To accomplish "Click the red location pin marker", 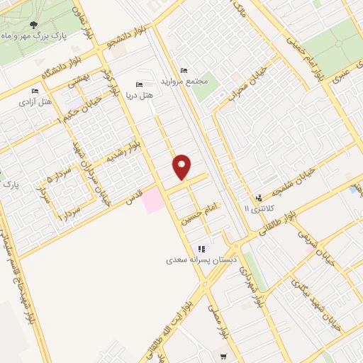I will coord(183,167).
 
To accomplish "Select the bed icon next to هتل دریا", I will coord(138,84).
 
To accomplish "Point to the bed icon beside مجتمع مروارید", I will coord(184,71).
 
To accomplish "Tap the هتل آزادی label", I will coord(38,102).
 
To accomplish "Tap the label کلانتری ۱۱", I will coord(257,209).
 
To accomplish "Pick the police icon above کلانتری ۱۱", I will coord(259,198).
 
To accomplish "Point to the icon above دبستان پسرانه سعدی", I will coord(201,249).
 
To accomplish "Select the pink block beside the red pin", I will coord(152,201).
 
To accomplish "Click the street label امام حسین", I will coord(201,210).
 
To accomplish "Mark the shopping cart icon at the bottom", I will coord(224,355).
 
